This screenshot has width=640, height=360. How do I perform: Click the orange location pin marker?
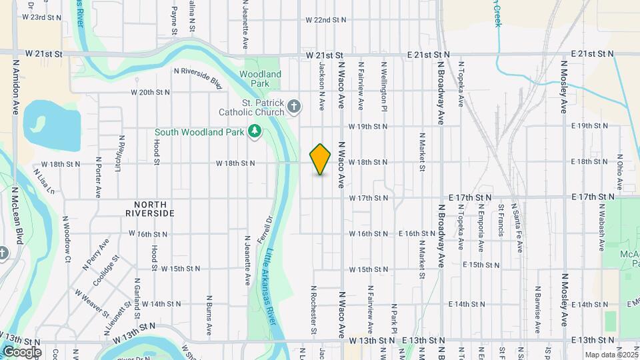[321, 159]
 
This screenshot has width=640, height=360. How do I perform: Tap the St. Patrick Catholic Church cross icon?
[295, 106]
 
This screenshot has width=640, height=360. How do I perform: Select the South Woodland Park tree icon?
[254, 131]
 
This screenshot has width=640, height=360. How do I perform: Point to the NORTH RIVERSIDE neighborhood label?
[150, 209]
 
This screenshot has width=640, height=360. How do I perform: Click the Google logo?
[21, 351]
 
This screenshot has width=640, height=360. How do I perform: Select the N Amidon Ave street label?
[15, 87]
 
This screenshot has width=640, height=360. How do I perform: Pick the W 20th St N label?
[151, 92]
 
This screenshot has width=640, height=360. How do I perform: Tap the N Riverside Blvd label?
[197, 77]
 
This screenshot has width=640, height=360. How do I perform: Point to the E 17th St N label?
[470, 198]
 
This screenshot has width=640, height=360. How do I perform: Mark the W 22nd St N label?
[326, 20]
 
